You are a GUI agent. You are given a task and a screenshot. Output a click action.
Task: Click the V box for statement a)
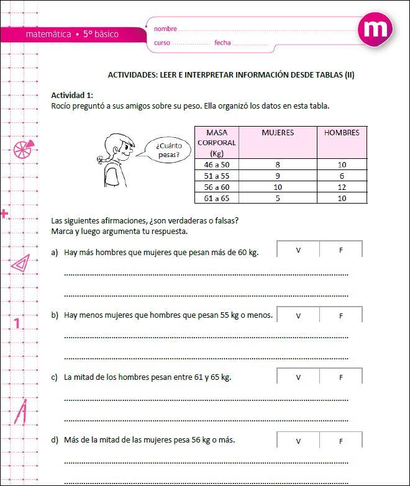pos(298,250)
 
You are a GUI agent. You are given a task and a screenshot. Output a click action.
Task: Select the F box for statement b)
pos(341,315)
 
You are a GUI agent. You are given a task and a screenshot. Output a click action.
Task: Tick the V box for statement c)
pos(298,377)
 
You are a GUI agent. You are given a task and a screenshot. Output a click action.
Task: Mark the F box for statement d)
pos(341,441)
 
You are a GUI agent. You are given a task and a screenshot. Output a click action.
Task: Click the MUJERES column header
pos(278,133)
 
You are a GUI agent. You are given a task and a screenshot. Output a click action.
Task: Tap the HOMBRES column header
pos(342,133)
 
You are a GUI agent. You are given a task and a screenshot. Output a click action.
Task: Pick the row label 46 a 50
pos(216,164)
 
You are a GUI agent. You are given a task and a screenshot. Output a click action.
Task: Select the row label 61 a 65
pos(216,198)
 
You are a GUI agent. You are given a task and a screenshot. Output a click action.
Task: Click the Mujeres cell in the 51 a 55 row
pos(278,176)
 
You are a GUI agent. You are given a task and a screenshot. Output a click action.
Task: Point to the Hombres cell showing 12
pos(342,187)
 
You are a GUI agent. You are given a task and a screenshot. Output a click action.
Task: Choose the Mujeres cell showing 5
pos(278,198)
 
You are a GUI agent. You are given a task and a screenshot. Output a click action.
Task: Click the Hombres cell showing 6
pos(342,176)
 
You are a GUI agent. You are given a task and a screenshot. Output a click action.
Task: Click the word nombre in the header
pos(165,29)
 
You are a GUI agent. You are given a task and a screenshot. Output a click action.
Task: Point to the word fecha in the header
pos(222,43)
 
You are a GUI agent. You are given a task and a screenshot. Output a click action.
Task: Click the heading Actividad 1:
pos(72,95)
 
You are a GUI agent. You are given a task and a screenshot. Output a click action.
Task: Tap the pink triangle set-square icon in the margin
pos(20,263)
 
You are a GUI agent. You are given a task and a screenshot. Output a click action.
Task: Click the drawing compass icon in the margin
pos(21,412)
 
